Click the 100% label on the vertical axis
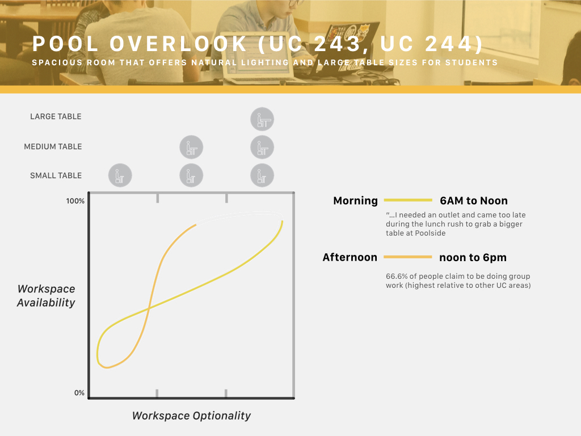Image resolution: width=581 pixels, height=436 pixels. [x=75, y=201]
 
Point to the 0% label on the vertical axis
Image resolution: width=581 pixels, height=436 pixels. [x=79, y=393]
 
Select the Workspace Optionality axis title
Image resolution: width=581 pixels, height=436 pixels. [x=192, y=416]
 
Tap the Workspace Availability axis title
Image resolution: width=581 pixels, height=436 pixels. [x=47, y=296]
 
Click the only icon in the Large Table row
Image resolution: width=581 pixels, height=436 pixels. [x=262, y=119]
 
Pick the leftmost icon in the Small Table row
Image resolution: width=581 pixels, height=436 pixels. [x=120, y=175]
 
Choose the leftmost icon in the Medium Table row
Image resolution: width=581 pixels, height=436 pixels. [x=191, y=147]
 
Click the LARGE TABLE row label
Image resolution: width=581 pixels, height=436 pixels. [x=56, y=116]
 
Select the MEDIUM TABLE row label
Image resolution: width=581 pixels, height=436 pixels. [x=53, y=146]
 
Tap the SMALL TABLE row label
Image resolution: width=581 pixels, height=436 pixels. [x=56, y=175]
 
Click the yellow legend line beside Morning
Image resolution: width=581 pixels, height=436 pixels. [x=408, y=200]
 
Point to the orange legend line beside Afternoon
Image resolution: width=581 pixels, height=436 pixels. [x=407, y=257]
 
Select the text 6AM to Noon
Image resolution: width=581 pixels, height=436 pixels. [x=474, y=200]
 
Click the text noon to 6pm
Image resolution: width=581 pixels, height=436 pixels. [x=473, y=258]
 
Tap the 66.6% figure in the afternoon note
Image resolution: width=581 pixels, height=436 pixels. [x=397, y=276]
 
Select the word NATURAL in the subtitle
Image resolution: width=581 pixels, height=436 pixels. [x=214, y=62]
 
